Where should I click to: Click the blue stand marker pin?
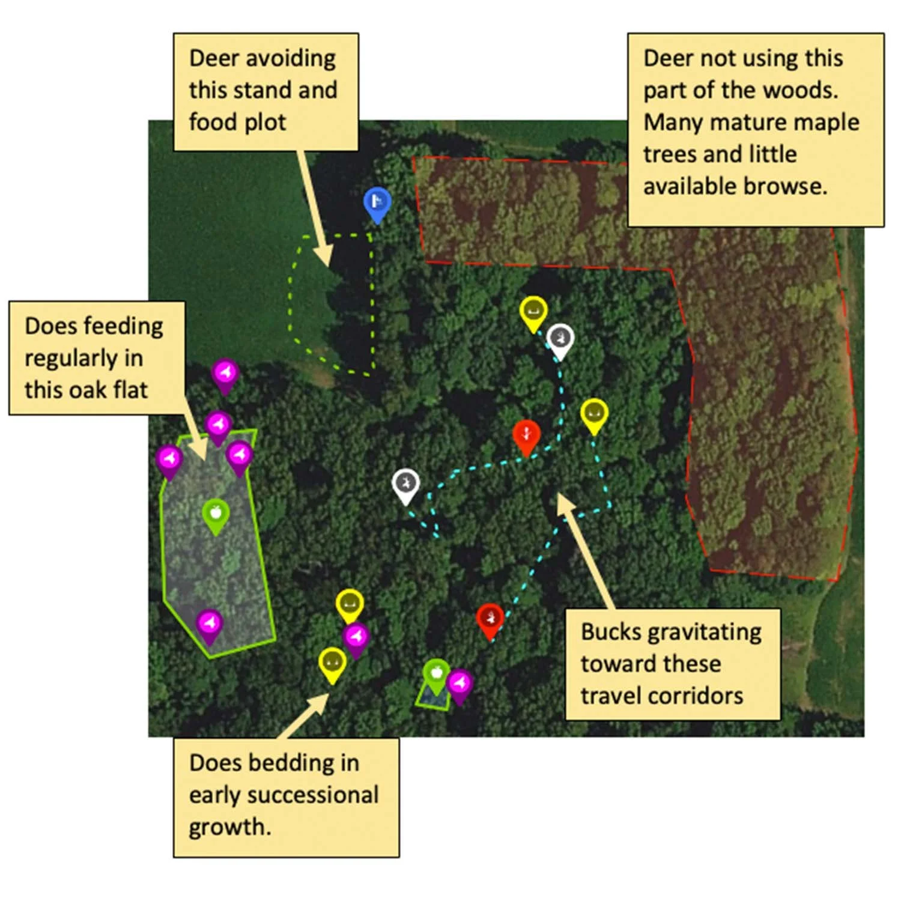(x=377, y=202)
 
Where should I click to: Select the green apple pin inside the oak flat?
(x=216, y=514)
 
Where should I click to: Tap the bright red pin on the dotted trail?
(x=526, y=434)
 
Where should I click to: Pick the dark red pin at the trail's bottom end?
(x=490, y=619)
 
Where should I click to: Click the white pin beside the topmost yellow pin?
(x=560, y=339)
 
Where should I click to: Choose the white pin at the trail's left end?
(x=405, y=484)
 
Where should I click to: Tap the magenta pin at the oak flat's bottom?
(x=210, y=624)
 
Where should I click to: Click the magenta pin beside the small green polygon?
(x=460, y=684)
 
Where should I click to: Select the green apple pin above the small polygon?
(x=437, y=673)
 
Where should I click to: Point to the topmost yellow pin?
(x=533, y=312)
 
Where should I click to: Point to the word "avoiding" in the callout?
(x=291, y=58)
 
